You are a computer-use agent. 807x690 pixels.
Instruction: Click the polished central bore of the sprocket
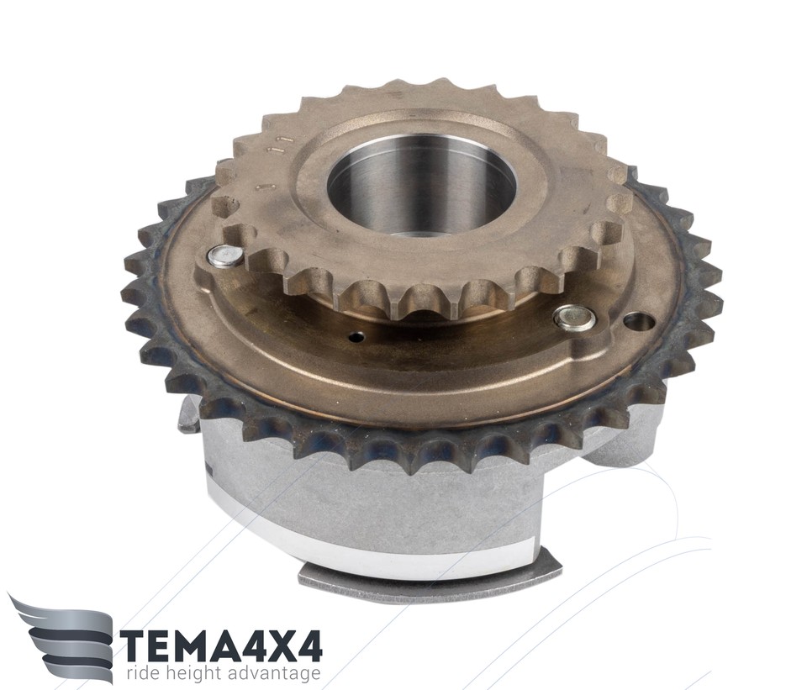tap(420, 187)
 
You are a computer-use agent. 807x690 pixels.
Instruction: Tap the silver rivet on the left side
tap(225, 256)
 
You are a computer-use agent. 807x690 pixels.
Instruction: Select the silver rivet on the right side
tap(575, 318)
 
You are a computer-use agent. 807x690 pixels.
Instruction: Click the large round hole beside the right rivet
tap(639, 322)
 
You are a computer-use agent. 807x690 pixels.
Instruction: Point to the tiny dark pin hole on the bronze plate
tap(357, 337)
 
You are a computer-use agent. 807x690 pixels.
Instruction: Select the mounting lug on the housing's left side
tap(189, 416)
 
